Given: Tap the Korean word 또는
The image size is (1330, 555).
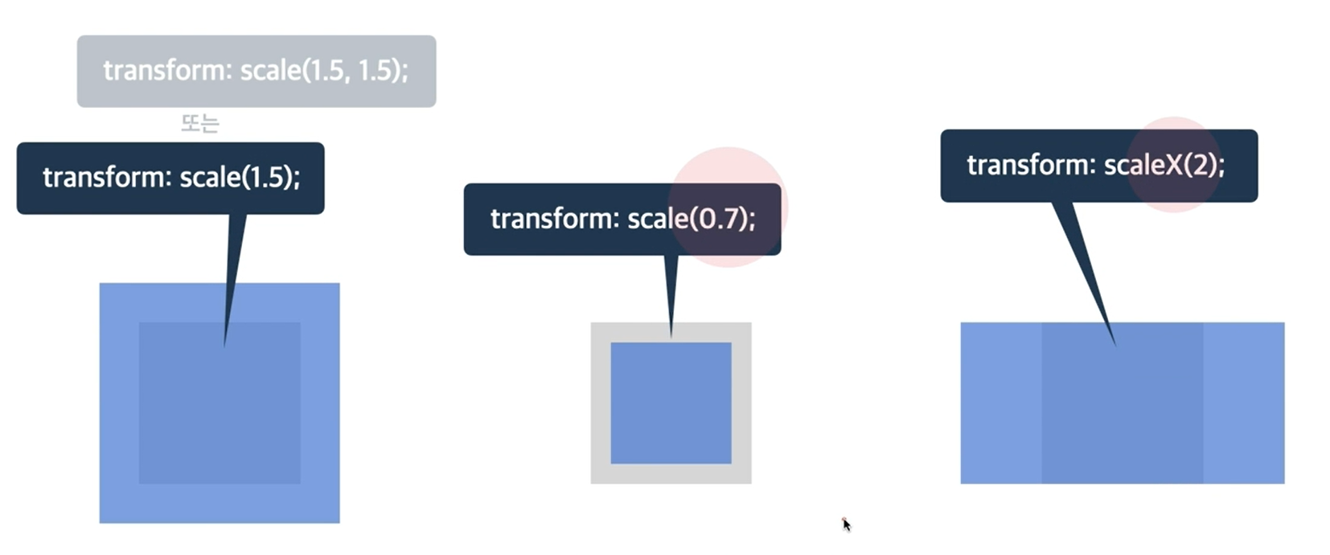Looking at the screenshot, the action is point(199,124).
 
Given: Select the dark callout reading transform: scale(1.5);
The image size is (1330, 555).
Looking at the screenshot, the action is point(170,178).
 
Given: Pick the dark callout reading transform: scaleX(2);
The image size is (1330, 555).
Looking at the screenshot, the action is point(1098,166).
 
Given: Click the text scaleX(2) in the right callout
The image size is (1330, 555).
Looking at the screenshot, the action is point(1163,166).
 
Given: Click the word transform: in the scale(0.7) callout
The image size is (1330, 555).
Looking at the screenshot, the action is point(554,219).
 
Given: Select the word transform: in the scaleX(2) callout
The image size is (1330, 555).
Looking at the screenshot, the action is point(1031,166).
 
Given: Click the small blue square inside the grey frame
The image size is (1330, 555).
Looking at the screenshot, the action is point(671,403).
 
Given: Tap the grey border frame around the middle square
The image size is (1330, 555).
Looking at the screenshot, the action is point(601,403).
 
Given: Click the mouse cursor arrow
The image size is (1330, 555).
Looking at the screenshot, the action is point(845,524).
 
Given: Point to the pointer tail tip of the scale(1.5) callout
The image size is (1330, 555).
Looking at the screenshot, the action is point(225,344).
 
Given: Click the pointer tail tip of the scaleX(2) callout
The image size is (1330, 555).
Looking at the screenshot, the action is point(1114,343).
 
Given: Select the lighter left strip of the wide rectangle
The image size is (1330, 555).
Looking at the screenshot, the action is point(1000,403).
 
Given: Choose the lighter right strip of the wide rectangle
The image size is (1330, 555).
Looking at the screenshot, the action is point(1243,403).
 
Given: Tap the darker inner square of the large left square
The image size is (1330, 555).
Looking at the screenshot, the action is point(220,418).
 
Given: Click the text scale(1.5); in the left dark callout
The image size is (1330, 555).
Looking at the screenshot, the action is point(240,178).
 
